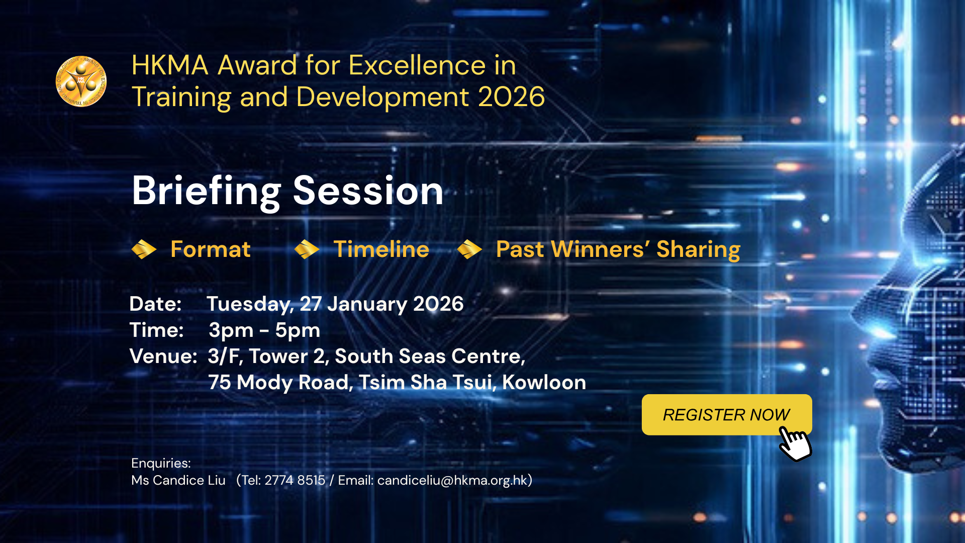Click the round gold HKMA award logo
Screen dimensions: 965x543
tap(81, 81)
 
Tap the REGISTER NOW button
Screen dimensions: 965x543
tap(726, 414)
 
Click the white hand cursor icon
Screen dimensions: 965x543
tap(795, 443)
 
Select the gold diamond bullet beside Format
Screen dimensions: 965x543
tap(144, 249)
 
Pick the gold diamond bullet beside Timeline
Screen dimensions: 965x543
tap(307, 249)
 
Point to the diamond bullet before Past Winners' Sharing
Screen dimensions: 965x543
tap(469, 249)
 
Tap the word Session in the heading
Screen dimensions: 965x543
tap(368, 191)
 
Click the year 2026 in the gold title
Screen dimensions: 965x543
tap(511, 97)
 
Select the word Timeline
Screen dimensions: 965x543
tap(381, 249)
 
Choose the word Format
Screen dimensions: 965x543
tap(211, 249)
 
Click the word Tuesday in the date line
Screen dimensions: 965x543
tap(250, 305)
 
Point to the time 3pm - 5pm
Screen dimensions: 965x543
tap(264, 331)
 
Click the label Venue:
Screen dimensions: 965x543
tap(163, 356)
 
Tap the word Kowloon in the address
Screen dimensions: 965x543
tap(544, 383)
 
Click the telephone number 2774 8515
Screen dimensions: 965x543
tap(295, 480)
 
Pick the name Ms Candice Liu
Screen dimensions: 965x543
tap(178, 480)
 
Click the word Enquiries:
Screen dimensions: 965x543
tap(161, 464)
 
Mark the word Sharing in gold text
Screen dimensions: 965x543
tap(698, 250)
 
